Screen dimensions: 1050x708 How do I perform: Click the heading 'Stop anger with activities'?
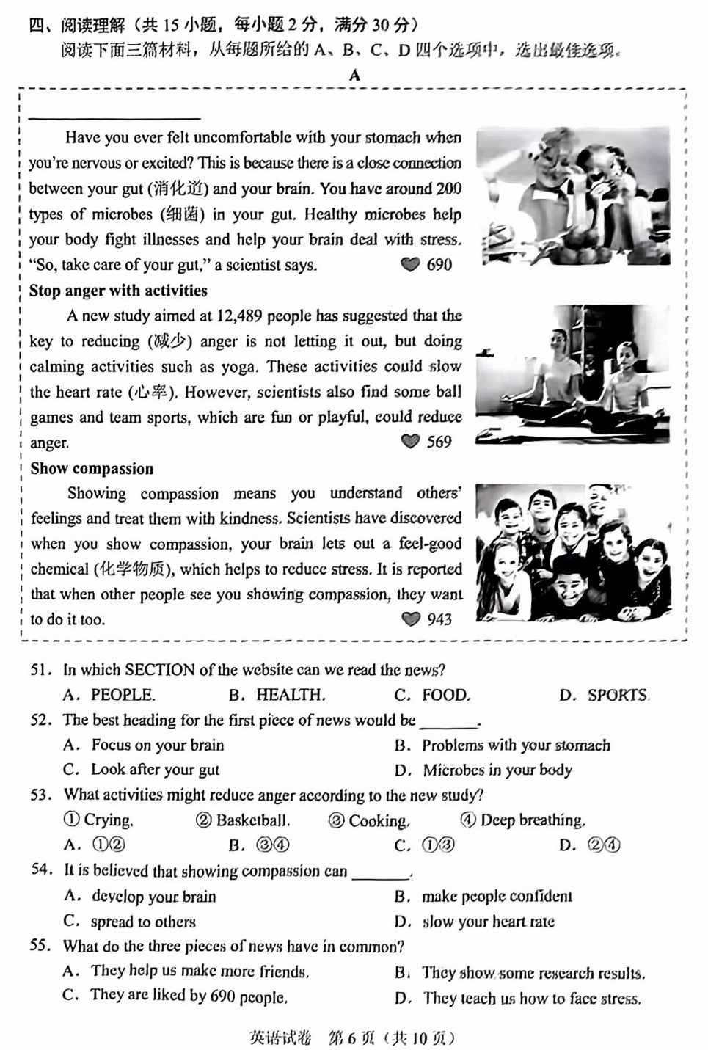pos(118,291)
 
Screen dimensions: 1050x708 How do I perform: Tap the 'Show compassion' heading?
pos(92,469)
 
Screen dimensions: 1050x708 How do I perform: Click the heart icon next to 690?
pos(410,265)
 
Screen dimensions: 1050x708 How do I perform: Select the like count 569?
pos(439,442)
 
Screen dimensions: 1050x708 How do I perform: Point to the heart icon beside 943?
pos(411,619)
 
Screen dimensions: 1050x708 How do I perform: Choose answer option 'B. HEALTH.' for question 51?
pos(277,695)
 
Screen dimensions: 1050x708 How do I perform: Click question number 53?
pos(41,795)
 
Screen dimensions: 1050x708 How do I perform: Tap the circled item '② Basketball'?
pos(243,820)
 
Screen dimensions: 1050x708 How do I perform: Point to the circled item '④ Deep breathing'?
pos(522,820)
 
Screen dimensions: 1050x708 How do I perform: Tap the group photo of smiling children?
pos(573,552)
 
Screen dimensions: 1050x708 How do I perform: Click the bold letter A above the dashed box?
pos(355,76)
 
